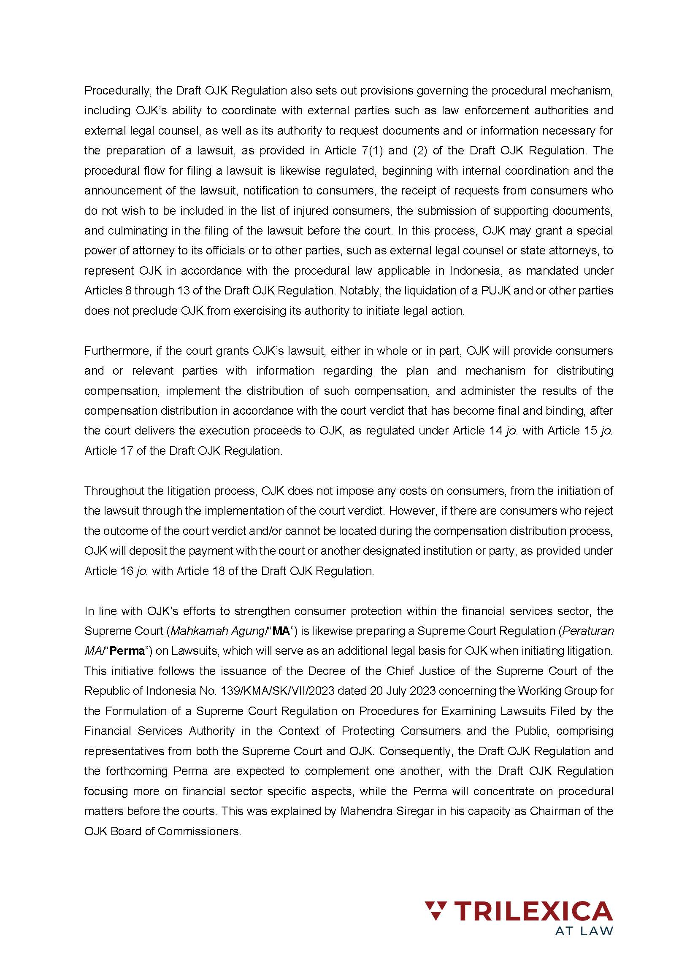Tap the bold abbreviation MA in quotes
pos(281,631)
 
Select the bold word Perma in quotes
pos(127,651)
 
